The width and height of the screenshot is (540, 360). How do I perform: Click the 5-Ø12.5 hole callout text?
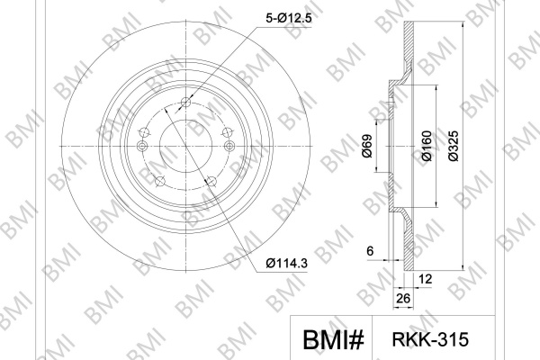289,18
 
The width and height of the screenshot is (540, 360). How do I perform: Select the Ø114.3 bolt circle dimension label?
286,264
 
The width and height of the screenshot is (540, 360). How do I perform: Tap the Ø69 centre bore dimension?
367,146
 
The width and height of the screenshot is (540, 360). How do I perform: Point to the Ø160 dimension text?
427,146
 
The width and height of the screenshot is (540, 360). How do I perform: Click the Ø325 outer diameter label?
454,146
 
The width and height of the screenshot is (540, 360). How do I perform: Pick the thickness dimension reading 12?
426,279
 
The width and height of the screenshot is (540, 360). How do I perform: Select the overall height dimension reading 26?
403,298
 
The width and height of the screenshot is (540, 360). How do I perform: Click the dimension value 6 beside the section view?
370,251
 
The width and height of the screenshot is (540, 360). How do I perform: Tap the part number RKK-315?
430,339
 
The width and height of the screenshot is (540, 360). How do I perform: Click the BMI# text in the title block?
333,339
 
